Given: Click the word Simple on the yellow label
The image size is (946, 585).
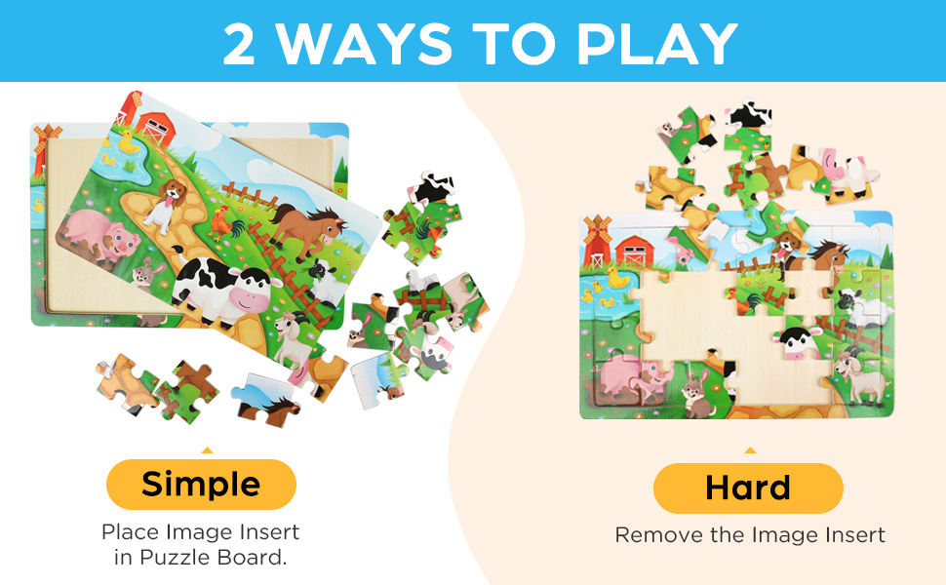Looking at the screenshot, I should click(201, 484).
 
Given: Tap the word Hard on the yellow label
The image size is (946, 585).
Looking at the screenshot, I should click(748, 487).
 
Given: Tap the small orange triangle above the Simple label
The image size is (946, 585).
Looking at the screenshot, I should click(206, 450).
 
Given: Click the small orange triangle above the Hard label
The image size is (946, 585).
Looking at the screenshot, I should click(749, 450).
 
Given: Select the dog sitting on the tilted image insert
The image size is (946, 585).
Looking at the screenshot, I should click(164, 203).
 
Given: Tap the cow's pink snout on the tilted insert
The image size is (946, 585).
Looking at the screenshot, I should click(251, 296).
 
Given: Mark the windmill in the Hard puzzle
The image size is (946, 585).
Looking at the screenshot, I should click(596, 240).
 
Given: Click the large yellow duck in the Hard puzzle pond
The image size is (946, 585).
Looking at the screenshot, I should click(616, 278).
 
